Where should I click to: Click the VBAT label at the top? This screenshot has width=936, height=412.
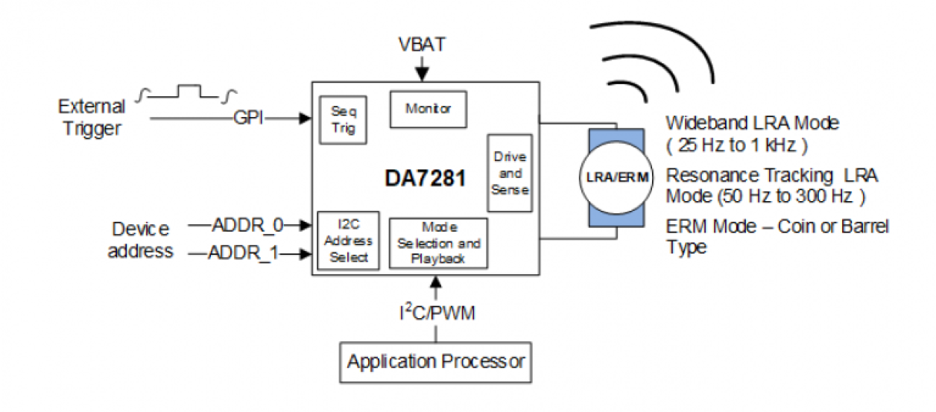(x=423, y=46)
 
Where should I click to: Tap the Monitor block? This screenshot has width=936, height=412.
(x=429, y=109)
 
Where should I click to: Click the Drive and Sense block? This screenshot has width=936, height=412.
(x=510, y=173)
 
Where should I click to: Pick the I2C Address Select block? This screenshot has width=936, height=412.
(x=348, y=240)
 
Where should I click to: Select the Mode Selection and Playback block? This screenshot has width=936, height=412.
(x=438, y=243)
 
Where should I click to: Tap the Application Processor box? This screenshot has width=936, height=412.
(x=436, y=363)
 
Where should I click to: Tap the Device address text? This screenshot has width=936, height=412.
(x=140, y=239)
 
